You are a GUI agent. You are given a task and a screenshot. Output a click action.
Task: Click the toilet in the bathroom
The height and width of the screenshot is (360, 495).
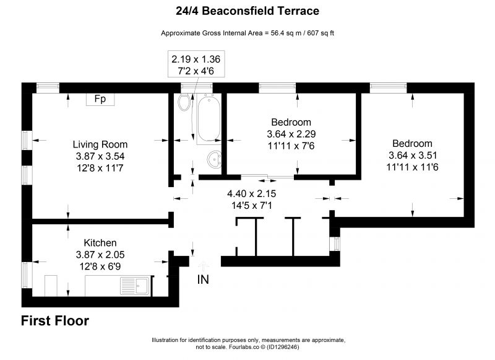[184, 102]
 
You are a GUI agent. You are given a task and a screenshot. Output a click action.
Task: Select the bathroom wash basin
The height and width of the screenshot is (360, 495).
[214, 159]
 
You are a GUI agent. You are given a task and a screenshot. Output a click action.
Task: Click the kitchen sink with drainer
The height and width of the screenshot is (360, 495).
[135, 286]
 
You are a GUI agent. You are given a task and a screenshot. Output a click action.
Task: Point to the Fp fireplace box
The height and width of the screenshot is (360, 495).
[100, 99]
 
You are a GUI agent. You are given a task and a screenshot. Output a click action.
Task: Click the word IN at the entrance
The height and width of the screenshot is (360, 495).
[203, 279]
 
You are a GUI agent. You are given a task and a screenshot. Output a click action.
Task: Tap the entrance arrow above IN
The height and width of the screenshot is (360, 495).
[203, 266]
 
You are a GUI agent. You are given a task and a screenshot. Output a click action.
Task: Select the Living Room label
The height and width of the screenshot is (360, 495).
[100, 144]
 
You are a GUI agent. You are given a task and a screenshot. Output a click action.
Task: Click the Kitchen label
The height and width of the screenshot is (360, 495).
[100, 243]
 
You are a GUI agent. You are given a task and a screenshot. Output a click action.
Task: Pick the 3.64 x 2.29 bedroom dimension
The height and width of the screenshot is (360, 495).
[291, 134]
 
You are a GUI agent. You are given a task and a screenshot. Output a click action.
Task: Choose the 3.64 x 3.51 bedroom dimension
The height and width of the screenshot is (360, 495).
[413, 155]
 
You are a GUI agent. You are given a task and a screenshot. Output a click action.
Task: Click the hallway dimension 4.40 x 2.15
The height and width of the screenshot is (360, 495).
[252, 193]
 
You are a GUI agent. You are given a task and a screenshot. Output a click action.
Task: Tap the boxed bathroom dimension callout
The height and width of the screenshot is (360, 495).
[196, 64]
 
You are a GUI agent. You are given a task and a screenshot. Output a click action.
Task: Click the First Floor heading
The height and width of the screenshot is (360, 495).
[55, 320]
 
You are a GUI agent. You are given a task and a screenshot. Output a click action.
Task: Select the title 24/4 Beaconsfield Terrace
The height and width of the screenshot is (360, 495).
[247, 11]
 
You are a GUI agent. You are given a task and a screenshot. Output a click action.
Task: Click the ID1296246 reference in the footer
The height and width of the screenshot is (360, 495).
[283, 347]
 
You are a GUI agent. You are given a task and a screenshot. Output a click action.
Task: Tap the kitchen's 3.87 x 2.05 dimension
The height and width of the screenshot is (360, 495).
[100, 255]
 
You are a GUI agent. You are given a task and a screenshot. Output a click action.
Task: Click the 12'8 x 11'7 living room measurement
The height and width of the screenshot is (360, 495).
[100, 168]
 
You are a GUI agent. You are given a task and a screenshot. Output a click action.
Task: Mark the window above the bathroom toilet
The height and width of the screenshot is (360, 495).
[197, 87]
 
